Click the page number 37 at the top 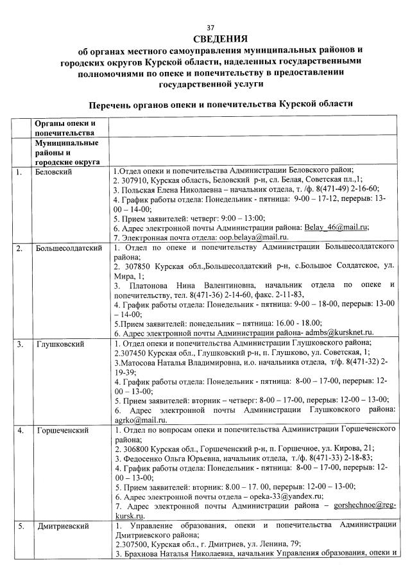pos(210,28)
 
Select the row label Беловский pos(53,173)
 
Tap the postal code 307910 pos(133,180)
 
